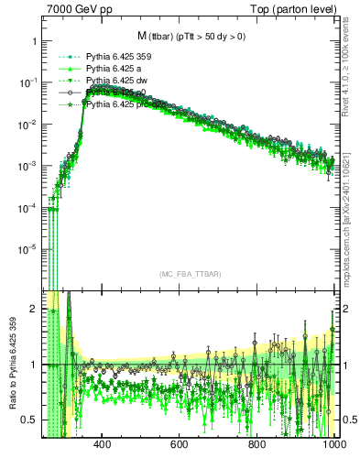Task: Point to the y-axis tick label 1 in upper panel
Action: coord(34,41)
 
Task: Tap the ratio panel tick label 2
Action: coord(34,309)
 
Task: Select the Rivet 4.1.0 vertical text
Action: coord(352,63)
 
